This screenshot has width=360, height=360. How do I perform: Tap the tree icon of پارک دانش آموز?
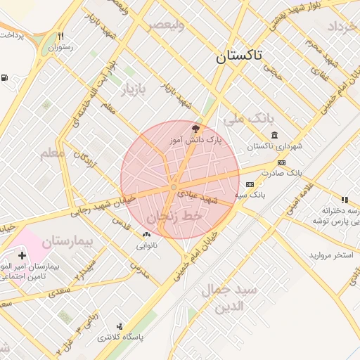coord(195,129)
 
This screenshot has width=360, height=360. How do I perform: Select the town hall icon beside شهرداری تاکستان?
coord(274,135)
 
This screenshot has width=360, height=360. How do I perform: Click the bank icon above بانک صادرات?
coord(281,163)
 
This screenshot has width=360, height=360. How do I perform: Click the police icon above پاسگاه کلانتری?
coord(120,326)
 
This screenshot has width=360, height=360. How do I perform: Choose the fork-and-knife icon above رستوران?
coord(61,37)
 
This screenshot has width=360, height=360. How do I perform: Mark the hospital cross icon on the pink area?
coord(22,255)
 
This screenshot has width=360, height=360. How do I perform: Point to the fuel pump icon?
coord(5,78)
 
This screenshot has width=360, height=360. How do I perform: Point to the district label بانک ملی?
coord(252,118)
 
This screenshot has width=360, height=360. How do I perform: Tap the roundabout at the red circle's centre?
coord(173,187)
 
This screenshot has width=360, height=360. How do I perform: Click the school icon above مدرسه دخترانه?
coord(345,200)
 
